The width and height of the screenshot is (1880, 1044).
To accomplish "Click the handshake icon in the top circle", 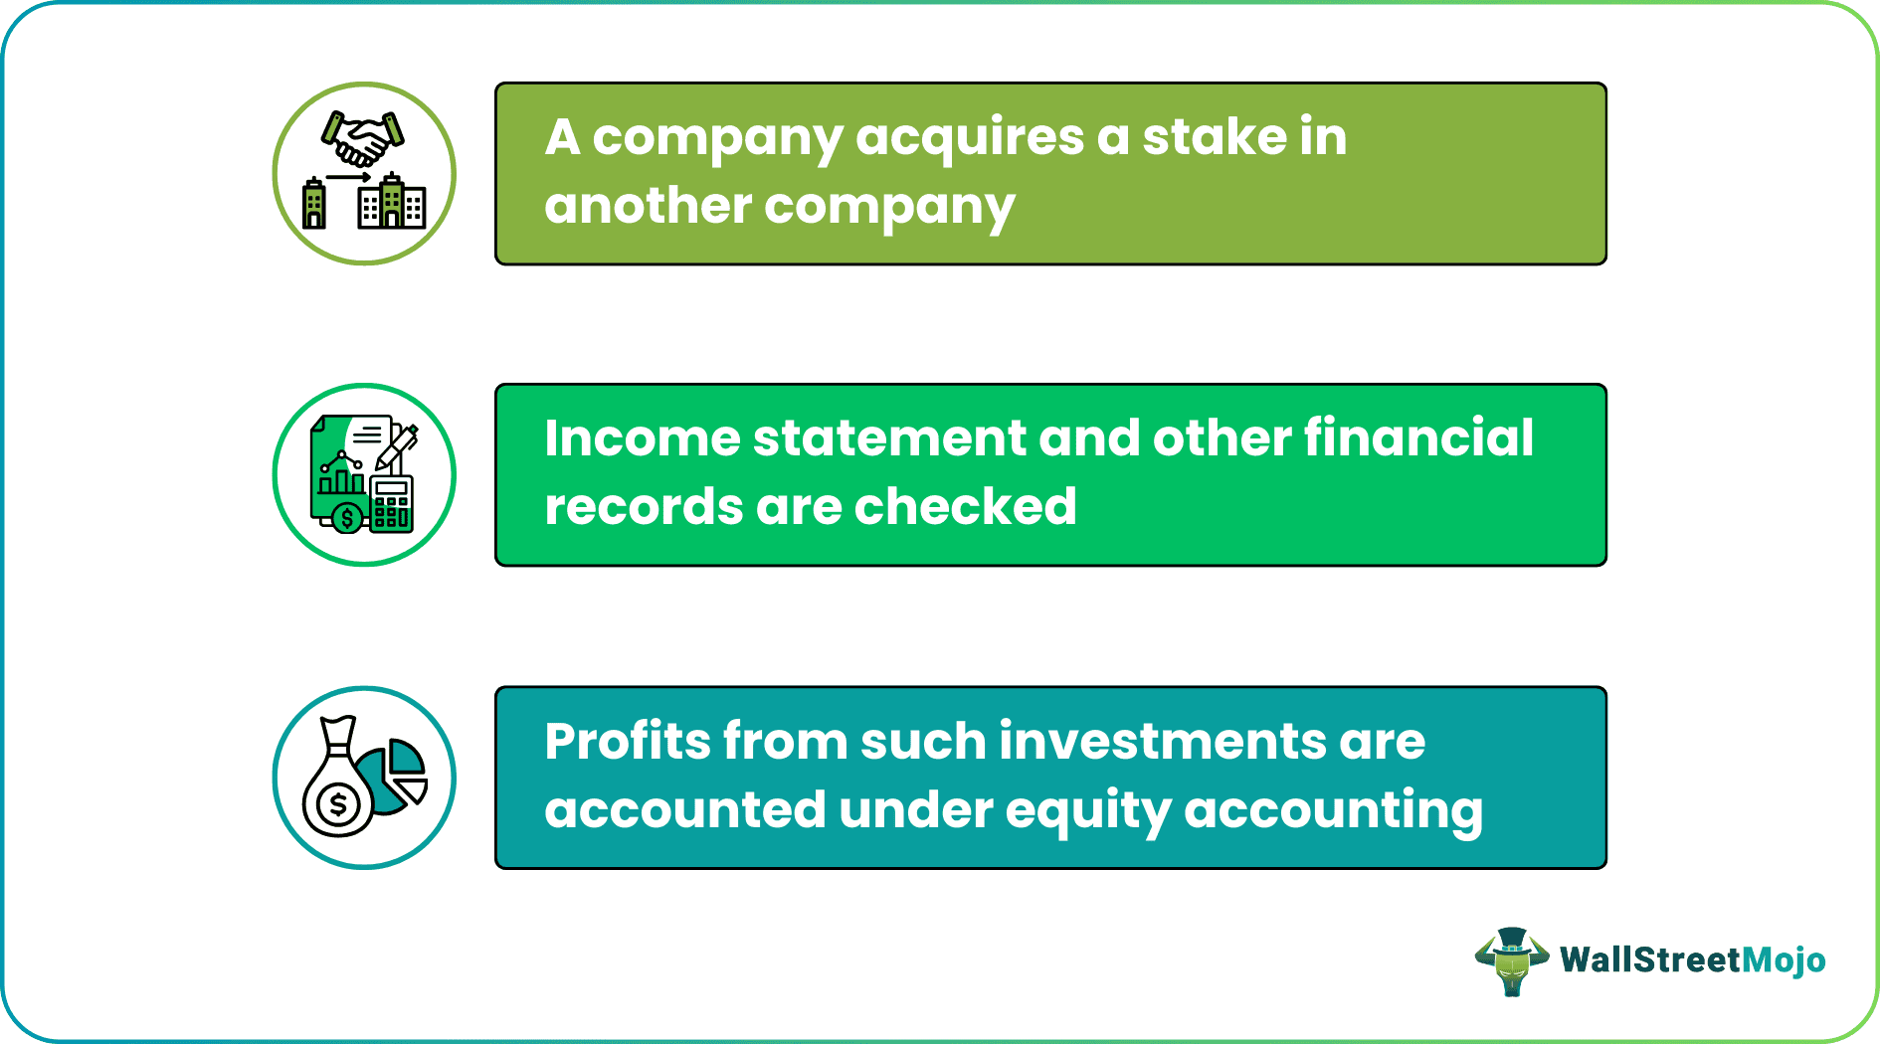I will pos(363,138).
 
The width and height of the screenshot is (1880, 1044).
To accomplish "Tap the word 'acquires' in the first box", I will pos(969,137).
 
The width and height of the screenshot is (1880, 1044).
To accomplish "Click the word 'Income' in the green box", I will pos(642,437).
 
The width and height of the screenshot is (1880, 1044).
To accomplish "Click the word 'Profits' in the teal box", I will pos(628,741).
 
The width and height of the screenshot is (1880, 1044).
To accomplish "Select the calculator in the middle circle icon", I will pos(391,503).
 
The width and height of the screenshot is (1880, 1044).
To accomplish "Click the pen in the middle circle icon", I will pos(398,446).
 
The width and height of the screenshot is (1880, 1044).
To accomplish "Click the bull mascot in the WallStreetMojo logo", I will pos(1512,960).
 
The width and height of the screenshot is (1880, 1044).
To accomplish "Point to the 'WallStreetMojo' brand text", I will pos(1692,959).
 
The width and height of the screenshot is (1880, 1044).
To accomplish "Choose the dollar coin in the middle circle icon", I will pos(347,518).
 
